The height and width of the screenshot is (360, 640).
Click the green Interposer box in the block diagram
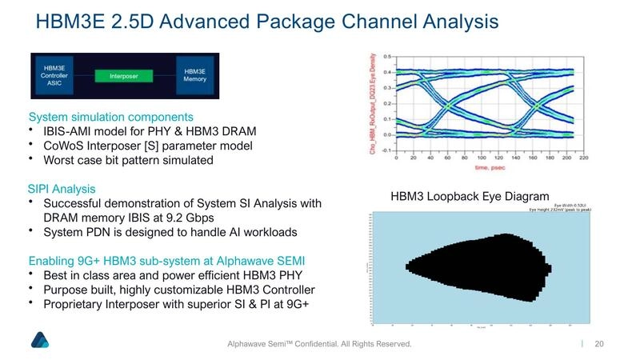(x=120, y=76)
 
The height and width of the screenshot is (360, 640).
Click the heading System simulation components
(x=111, y=116)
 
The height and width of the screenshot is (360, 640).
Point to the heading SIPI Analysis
(x=62, y=189)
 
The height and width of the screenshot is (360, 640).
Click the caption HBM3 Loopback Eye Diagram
(x=470, y=196)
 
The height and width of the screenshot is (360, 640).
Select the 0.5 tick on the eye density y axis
(x=386, y=57)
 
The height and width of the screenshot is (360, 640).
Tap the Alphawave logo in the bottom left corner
(x=40, y=339)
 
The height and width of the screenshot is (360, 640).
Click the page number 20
(x=598, y=343)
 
